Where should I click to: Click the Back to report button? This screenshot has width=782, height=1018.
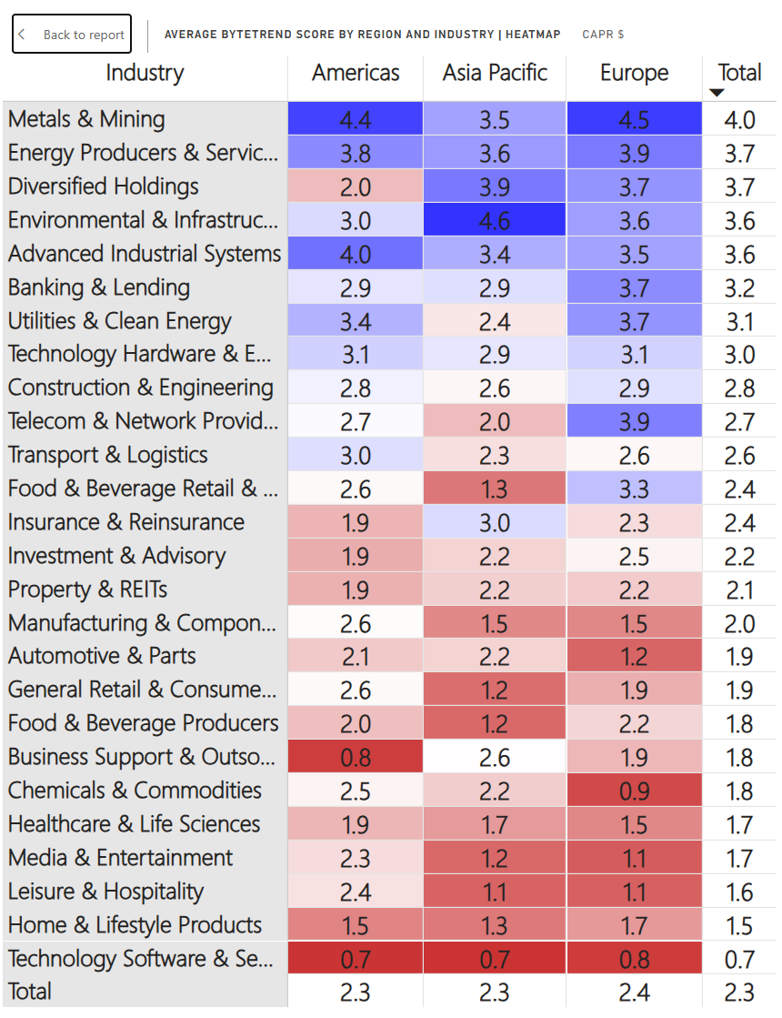[72, 35]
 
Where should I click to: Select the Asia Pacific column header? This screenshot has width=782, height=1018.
[495, 73]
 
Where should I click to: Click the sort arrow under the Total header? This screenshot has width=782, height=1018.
[717, 93]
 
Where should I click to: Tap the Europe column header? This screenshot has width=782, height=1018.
[634, 73]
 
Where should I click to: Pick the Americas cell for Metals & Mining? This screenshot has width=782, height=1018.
[356, 119]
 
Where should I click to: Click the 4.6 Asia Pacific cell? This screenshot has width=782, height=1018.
[495, 220]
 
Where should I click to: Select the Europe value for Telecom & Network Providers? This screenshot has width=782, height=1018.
[634, 421]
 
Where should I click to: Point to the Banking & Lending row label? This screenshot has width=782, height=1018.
[99, 287]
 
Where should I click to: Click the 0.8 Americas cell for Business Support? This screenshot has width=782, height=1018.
[356, 757]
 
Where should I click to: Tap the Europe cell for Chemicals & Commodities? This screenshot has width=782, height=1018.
[634, 791]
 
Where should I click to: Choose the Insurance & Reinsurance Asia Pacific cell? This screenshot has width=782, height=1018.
[495, 522]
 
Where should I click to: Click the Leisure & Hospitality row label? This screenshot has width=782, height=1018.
[105, 892]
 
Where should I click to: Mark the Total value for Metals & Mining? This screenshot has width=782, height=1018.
[739, 119]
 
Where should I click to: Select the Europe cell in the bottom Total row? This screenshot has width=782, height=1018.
[634, 992]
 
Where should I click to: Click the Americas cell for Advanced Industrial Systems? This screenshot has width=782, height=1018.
[356, 254]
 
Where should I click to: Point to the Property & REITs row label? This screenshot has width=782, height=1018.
[87, 590]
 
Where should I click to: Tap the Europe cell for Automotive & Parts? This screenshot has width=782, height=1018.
[634, 656]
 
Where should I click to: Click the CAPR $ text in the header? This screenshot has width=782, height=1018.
[603, 35]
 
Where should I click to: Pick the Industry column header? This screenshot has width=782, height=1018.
[145, 73]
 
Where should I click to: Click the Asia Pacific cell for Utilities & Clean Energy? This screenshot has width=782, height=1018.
[495, 321]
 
